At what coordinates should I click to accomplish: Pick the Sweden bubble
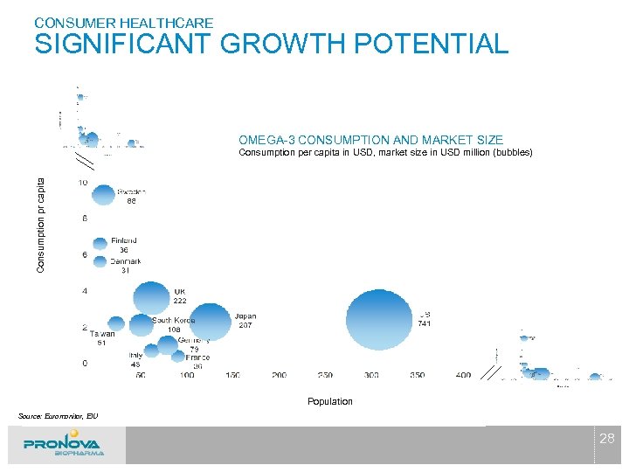(103, 195)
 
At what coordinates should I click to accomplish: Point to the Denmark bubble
(99, 261)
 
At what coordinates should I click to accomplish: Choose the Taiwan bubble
(114, 323)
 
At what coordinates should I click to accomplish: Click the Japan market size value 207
(245, 325)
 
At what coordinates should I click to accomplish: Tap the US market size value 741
(424, 324)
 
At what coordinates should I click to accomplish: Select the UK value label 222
(179, 301)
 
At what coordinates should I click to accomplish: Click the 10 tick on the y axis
(82, 183)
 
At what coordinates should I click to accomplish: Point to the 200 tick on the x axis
(279, 375)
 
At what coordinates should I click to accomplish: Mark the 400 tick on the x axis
(463, 375)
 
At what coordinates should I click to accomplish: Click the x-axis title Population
(329, 401)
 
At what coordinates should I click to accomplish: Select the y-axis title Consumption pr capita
(39, 223)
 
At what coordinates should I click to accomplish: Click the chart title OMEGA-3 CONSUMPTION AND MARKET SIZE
(370, 140)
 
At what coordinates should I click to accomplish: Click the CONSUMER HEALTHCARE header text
(123, 22)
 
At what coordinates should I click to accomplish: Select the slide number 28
(606, 439)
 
